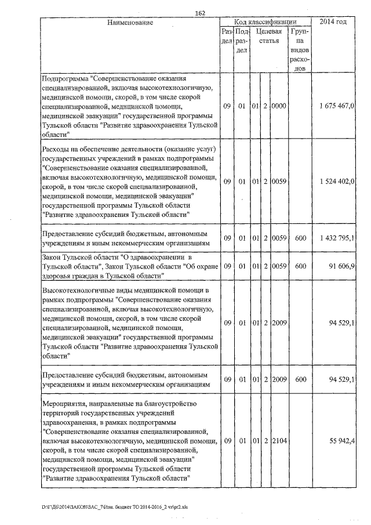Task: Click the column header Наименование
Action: [x=130, y=23]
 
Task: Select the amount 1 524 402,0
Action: [x=337, y=182]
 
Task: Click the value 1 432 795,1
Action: [x=337, y=238]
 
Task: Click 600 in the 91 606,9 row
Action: [x=300, y=266]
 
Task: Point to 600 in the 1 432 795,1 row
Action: [x=300, y=238]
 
